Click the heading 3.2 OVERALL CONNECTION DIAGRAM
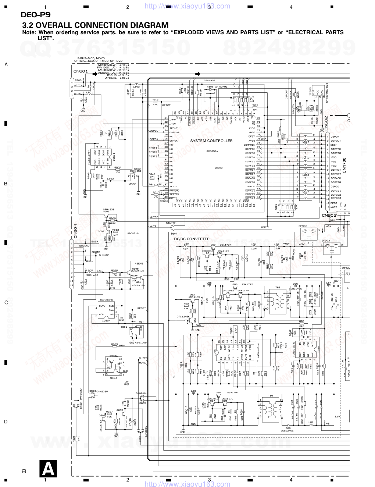coord(95,25)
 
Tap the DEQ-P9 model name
coord(35,15)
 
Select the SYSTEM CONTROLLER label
coord(211,141)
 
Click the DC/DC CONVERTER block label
coord(192,239)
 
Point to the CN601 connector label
coord(81,71)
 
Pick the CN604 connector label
coord(75,231)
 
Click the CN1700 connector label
coord(344,165)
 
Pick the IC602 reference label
coord(219,168)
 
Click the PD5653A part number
coord(212,151)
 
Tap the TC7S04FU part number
coord(106,300)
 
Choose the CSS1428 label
coord(210,80)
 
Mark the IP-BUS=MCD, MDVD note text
coord(90,58)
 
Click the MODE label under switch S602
coord(132,184)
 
